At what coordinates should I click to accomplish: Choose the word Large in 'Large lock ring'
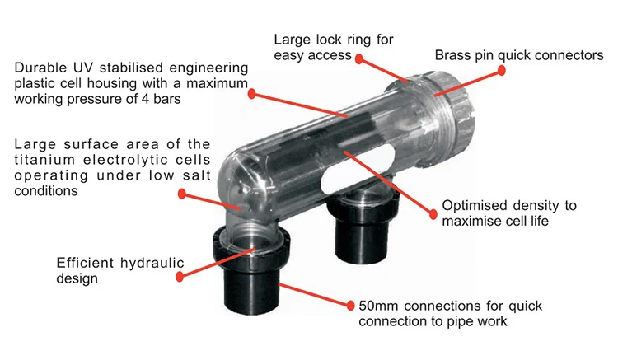293,39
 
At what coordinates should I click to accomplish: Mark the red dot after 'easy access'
361,57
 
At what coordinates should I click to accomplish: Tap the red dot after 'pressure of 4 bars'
252,94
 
